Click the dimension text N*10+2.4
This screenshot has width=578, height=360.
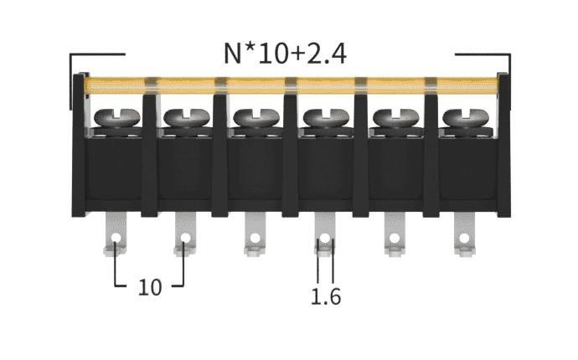pos(285,54)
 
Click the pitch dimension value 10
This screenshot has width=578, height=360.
pos(150,287)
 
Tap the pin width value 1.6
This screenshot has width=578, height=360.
pos(326,297)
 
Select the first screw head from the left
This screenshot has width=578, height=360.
pos(117,117)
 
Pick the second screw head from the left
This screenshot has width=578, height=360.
pos(187,117)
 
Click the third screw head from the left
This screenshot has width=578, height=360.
pos(256,117)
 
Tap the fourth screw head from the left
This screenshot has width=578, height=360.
pos(326,117)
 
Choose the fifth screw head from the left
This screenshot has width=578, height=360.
pos(396,117)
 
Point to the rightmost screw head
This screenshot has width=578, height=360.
pos(466,117)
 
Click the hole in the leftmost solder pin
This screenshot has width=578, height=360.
pos(116,238)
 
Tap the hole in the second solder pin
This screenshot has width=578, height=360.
pos(185,238)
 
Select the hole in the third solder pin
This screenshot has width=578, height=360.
pos(255,238)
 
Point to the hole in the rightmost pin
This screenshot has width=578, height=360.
pos(464,238)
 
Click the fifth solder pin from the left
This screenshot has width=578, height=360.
pos(395,234)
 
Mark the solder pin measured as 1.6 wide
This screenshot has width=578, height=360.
pos(325,234)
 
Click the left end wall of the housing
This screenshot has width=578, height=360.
pos(79,145)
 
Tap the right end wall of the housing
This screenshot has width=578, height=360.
pos(504,145)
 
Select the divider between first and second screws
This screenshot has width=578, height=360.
pos(150,155)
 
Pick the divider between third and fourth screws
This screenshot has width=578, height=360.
pos(290,155)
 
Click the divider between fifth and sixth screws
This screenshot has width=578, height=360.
pos(431,155)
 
